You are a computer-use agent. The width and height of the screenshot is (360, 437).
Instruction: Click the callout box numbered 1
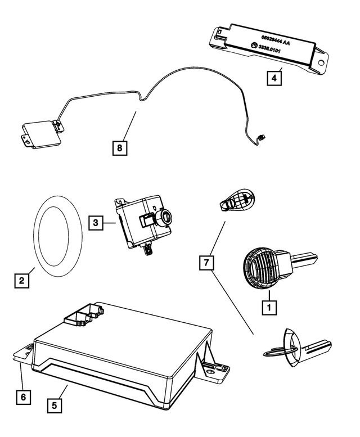tap(269, 307)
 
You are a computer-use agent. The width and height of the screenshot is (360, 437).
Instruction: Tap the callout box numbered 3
tap(96, 223)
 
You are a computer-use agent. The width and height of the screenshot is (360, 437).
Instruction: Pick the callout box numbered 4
tap(274, 78)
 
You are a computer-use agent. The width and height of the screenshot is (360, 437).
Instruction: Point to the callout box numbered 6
tap(22, 397)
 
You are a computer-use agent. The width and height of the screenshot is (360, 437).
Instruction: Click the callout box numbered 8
tap(119, 148)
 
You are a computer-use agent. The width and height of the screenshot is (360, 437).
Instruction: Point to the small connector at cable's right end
tap(262, 137)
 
